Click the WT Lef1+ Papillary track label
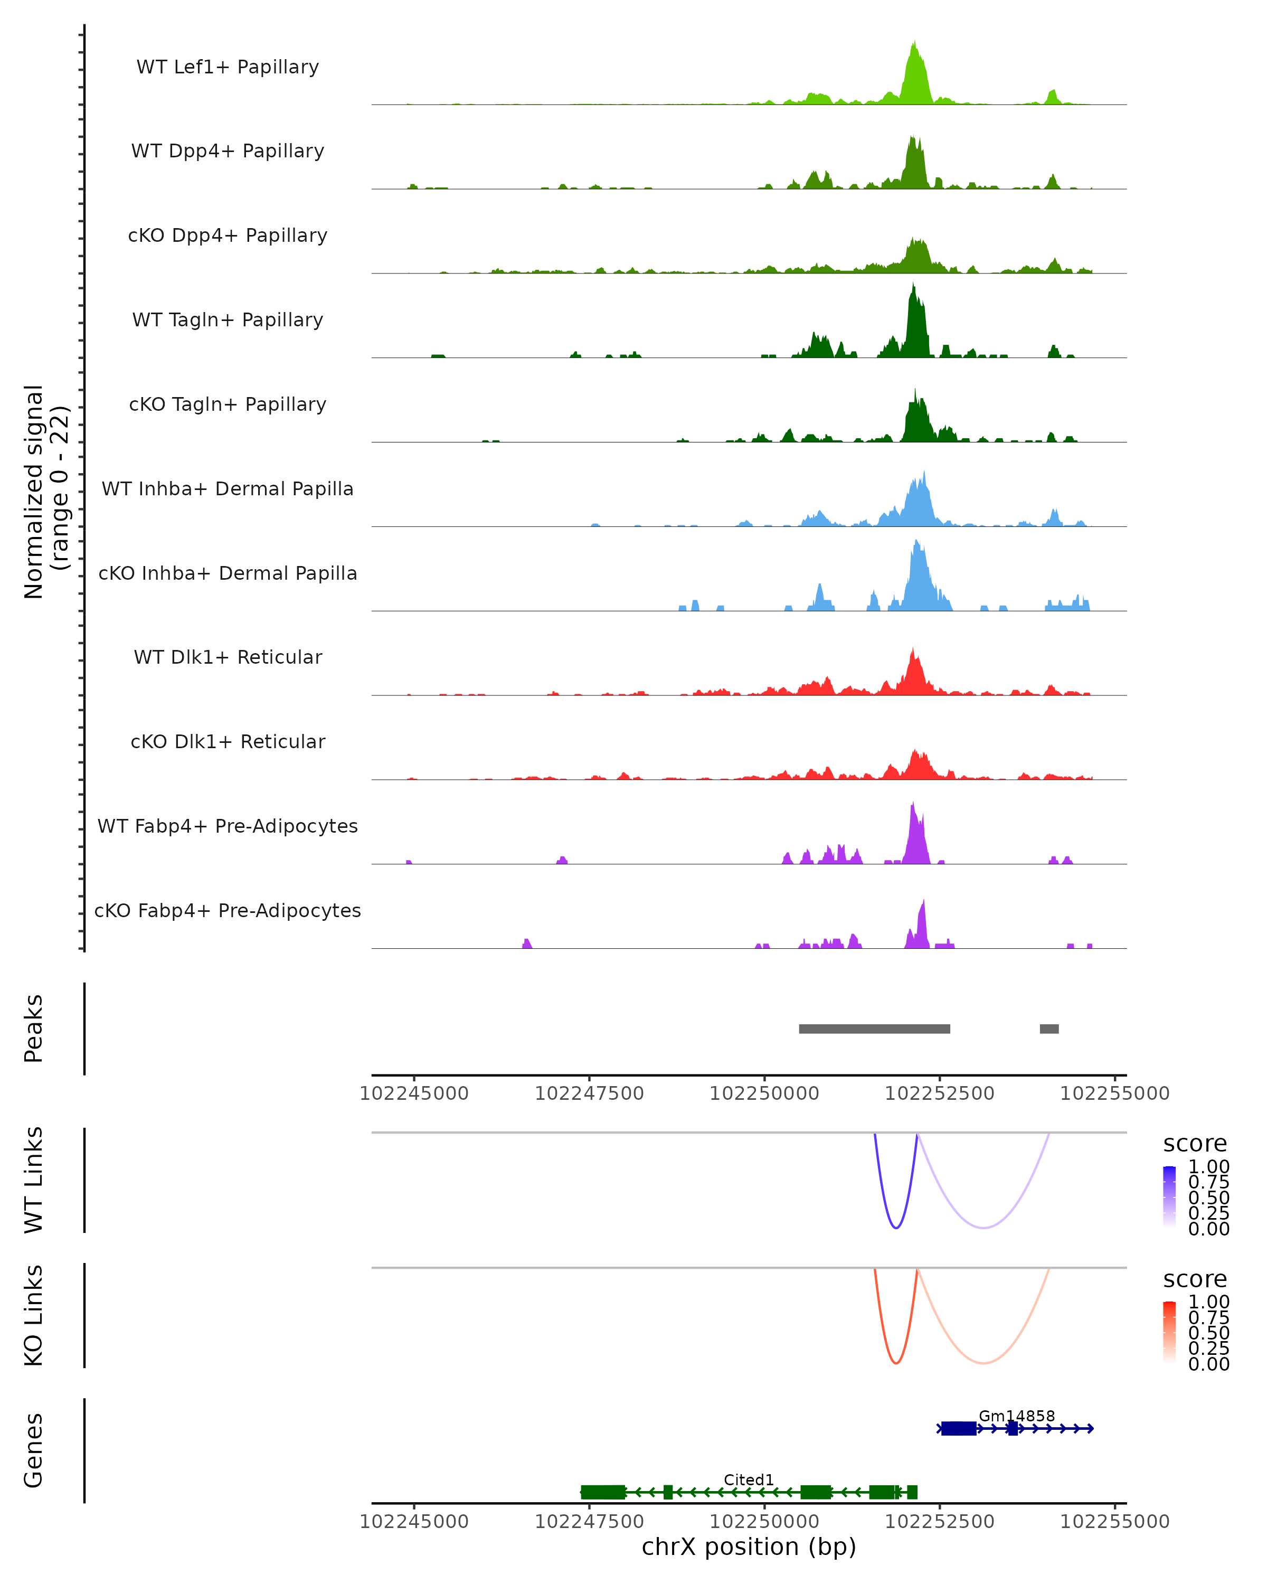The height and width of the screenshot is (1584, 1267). click(x=228, y=67)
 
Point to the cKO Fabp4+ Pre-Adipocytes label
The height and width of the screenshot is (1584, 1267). click(x=228, y=910)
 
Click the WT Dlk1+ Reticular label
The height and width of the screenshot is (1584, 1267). click(x=228, y=657)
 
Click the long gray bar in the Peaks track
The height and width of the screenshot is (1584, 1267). click(x=874, y=1029)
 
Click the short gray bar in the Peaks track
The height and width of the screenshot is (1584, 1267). click(x=1049, y=1029)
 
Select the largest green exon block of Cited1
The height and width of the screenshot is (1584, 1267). click(x=603, y=1492)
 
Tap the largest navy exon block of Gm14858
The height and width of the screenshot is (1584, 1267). click(x=959, y=1428)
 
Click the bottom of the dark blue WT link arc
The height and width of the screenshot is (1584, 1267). click(x=895, y=1227)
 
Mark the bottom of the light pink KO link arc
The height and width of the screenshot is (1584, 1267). click(x=983, y=1363)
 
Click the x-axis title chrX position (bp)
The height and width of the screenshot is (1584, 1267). click(x=749, y=1547)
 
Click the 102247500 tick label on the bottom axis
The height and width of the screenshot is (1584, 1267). click(x=589, y=1522)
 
